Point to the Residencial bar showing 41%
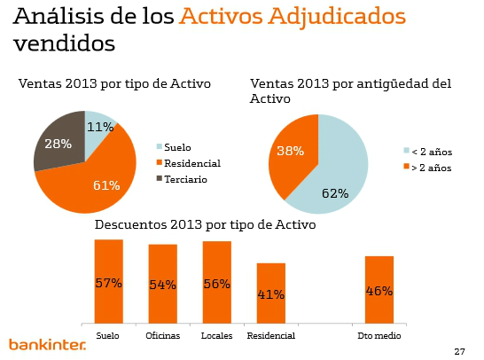270,293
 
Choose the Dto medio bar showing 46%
379,290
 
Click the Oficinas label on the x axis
162,336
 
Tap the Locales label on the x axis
216,336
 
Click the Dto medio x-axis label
379,336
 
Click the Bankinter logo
47,343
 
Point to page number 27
458,351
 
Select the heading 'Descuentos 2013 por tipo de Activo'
205,225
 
